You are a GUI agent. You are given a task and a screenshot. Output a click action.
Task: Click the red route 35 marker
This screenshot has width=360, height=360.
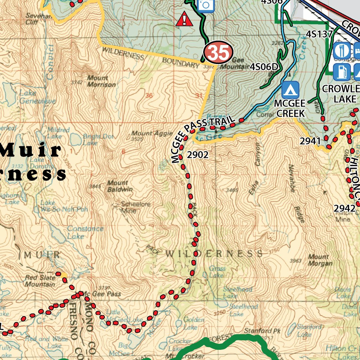[219, 52]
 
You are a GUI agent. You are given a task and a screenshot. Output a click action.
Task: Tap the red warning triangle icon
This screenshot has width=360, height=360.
[184, 19]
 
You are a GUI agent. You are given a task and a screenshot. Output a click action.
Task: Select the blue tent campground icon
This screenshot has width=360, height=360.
[290, 90]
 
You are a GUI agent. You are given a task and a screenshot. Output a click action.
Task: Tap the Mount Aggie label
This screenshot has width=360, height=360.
[147, 133]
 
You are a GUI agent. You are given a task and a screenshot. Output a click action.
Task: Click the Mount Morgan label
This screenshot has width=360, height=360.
[320, 260]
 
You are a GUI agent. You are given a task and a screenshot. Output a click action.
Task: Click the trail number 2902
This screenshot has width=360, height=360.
[198, 155]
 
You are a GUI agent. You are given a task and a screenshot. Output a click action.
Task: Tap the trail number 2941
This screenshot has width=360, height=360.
[310, 141]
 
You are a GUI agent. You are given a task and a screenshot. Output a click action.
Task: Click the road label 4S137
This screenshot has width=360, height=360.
[319, 34]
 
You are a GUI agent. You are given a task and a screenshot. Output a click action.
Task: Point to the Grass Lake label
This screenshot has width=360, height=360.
[217, 271]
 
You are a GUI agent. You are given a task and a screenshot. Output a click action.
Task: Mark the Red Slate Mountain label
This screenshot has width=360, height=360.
[40, 281]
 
